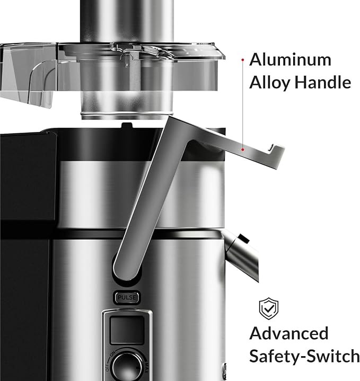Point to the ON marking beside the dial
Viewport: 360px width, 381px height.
click(x=113, y=354)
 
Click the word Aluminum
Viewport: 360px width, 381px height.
click(x=290, y=59)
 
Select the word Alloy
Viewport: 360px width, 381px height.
click(x=270, y=83)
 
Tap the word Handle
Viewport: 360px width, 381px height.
click(x=323, y=82)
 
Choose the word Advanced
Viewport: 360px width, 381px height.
click(x=289, y=333)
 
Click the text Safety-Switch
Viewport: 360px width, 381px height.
click(x=304, y=356)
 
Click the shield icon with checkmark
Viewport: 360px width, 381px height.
click(x=269, y=308)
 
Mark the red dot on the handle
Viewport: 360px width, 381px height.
click(x=243, y=149)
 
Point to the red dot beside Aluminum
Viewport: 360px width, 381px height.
click(x=243, y=59)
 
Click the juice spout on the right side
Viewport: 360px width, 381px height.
click(x=241, y=255)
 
